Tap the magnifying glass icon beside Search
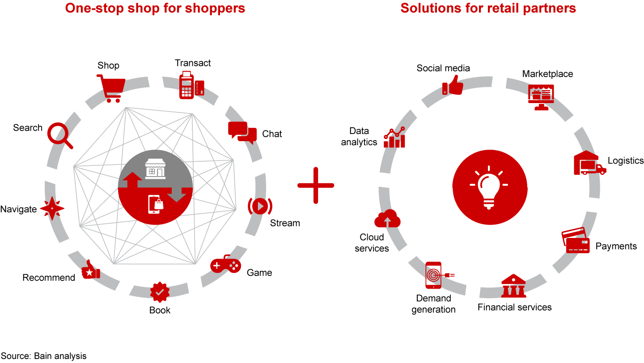pyautogui.click(x=60, y=135)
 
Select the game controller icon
pyautogui.click(x=225, y=265)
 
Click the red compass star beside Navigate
pyautogui.click(x=52, y=208)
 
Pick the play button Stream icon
pyautogui.click(x=259, y=206)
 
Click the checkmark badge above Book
pyautogui.click(x=160, y=292)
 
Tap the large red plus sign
pyautogui.click(x=316, y=185)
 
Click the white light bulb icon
pyautogui.click(x=488, y=187)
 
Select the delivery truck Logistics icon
pyautogui.click(x=589, y=163)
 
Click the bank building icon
pyautogui.click(x=514, y=286)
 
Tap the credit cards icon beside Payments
pyautogui.click(x=576, y=240)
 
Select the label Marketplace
pyautogui.click(x=547, y=74)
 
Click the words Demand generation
pyautogui.click(x=433, y=304)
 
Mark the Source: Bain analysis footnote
pyautogui.click(x=43, y=356)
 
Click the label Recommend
pyautogui.click(x=49, y=278)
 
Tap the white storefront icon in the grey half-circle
pyautogui.click(x=155, y=170)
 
